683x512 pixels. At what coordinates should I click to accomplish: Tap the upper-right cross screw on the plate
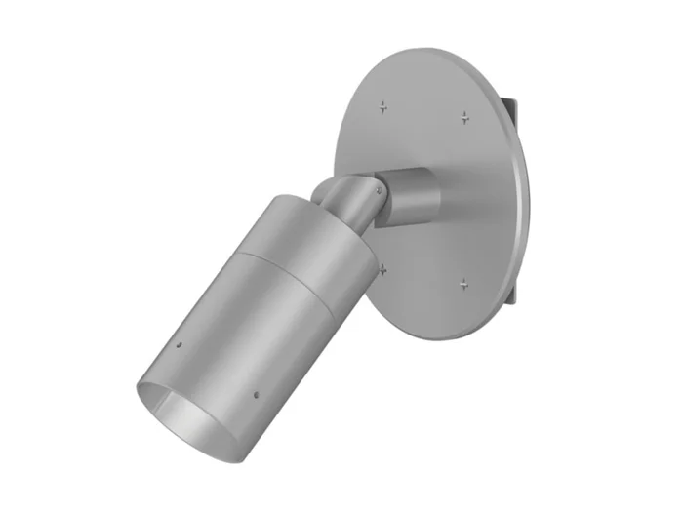[465, 117]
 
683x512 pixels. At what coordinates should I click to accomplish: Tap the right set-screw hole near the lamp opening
[255, 396]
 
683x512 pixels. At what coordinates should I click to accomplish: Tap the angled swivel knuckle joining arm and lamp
[351, 199]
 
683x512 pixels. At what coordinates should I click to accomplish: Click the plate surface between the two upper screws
[424, 107]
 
